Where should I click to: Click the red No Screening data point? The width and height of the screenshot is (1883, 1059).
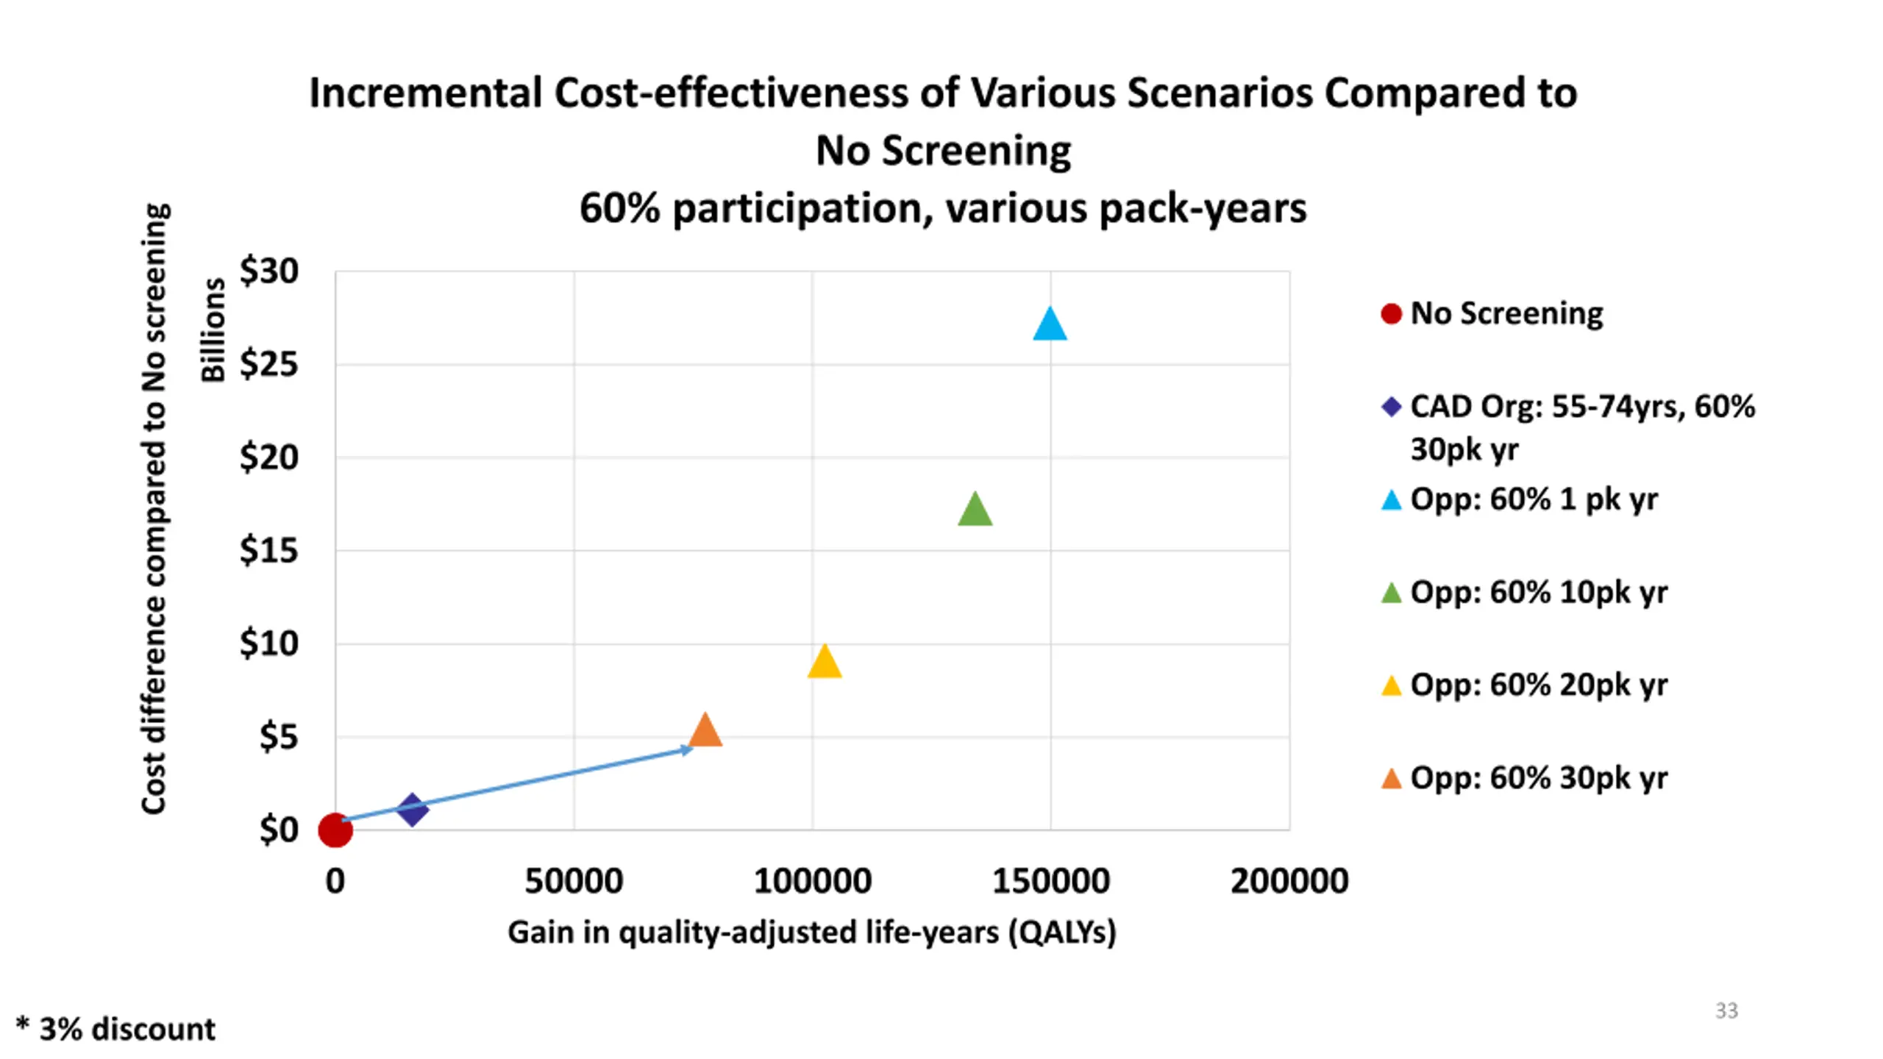(335, 830)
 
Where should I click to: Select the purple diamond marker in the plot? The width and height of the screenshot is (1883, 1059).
(412, 809)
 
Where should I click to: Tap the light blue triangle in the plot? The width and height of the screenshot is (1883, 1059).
(1050, 325)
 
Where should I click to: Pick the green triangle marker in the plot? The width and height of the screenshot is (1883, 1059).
(975, 510)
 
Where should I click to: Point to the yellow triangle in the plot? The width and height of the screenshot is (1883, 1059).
(824, 662)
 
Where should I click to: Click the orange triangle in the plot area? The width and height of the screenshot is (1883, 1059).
(705, 730)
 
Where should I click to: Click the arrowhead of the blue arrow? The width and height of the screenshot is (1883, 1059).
(686, 749)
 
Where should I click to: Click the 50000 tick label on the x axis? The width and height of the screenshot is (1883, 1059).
(574, 881)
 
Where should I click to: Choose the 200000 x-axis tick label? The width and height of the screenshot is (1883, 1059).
(1289, 881)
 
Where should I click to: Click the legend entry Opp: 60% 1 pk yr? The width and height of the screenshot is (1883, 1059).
(1534, 500)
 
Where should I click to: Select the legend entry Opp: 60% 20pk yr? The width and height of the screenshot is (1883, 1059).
(1538, 685)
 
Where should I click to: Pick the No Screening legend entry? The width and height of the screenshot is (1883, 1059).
(1506, 314)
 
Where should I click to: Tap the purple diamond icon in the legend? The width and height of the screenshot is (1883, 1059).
(1391, 407)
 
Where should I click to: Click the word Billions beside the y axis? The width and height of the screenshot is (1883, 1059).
(213, 330)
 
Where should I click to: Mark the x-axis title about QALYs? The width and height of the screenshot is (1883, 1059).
(811, 933)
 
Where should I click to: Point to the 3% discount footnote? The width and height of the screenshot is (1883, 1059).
(116, 1029)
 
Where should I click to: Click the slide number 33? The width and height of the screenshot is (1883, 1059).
(1726, 1010)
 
